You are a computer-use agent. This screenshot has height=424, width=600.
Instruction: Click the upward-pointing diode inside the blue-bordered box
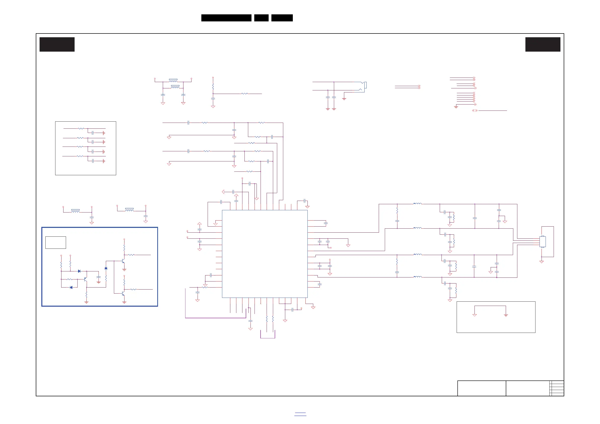[x=106, y=268]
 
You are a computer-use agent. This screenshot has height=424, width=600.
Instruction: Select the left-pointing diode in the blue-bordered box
[x=71, y=288]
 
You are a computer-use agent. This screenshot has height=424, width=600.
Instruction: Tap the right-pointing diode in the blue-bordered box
[x=79, y=271]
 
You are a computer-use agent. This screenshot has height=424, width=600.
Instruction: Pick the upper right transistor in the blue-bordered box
[x=123, y=261]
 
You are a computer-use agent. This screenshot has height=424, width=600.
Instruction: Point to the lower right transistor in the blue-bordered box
[x=123, y=294]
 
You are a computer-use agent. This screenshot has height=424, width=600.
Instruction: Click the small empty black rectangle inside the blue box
[x=56, y=242]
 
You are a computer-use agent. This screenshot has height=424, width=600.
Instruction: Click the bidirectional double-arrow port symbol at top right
[x=475, y=111]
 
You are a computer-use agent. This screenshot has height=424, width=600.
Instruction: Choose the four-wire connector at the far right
[x=543, y=242]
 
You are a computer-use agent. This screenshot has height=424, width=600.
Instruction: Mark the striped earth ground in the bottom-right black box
[x=506, y=315]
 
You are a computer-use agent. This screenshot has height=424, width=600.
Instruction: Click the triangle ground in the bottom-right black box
[x=475, y=315]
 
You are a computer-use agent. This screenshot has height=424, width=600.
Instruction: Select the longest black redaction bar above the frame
[x=226, y=18]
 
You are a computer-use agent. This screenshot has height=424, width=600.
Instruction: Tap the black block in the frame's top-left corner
[x=57, y=44]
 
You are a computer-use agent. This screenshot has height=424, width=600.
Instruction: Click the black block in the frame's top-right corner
[x=543, y=44]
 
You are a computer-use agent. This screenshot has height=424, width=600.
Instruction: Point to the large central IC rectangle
[x=265, y=254]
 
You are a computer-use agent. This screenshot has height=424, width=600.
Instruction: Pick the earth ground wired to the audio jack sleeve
[x=344, y=99]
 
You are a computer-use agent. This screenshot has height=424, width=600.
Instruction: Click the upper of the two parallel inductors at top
[x=173, y=81]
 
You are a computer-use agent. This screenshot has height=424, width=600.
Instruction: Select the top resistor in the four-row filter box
[x=81, y=128]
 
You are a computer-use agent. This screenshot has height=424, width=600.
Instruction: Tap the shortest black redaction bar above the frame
[x=261, y=18]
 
